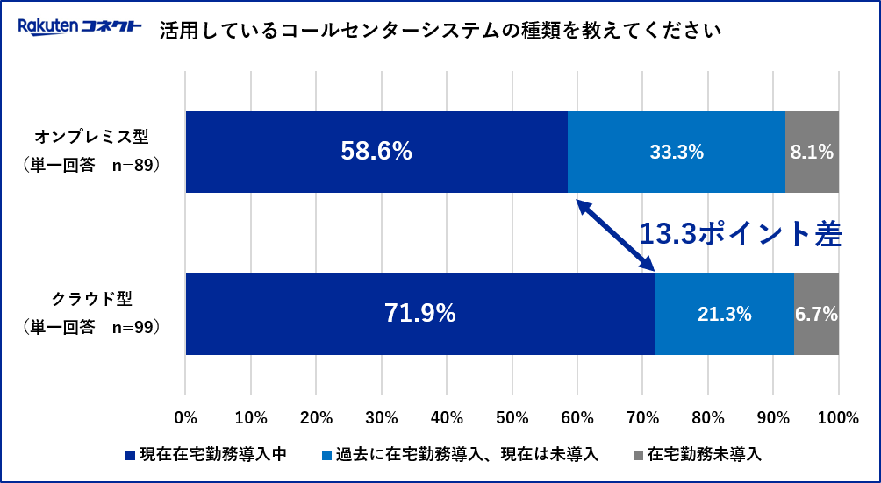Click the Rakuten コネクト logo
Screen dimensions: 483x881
pyautogui.click(x=80, y=26)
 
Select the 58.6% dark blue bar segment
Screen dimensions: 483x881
pyautogui.click(x=376, y=152)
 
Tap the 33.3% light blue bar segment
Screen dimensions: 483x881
pyautogui.click(x=677, y=152)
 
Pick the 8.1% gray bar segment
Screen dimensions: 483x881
pyautogui.click(x=812, y=152)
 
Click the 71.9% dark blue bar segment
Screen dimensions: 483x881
pyautogui.click(x=420, y=314)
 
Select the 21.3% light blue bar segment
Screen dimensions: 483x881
pyautogui.click(x=725, y=314)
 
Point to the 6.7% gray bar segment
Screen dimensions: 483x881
pyautogui.click(x=816, y=314)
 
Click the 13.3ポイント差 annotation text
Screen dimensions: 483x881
pyautogui.click(x=740, y=234)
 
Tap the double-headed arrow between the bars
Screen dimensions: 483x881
pyautogui.click(x=615, y=234)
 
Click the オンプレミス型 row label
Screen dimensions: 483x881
pyautogui.click(x=92, y=138)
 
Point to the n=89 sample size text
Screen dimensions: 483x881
pyautogui.click(x=135, y=164)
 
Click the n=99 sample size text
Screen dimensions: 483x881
pyautogui.click(x=135, y=326)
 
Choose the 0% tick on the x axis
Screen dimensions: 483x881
pyautogui.click(x=185, y=417)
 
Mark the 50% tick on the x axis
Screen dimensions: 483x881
pyautogui.click(x=512, y=417)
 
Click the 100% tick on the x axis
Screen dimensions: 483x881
pyautogui.click(x=839, y=417)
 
